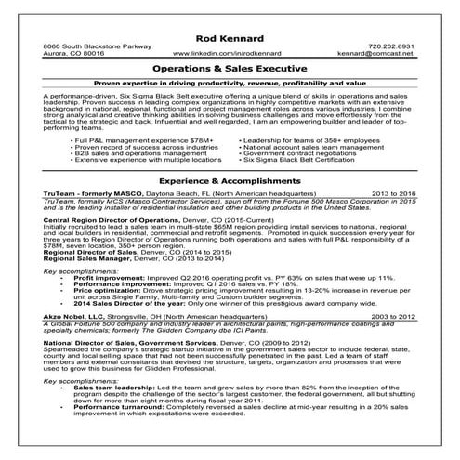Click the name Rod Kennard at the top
230,36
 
